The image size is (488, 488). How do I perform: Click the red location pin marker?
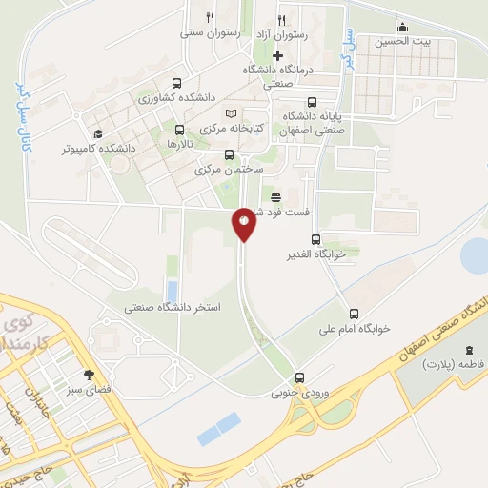(x=243, y=224)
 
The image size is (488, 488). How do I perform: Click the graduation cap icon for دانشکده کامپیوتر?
(x=97, y=134)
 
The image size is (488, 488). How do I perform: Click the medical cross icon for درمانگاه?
(x=277, y=55)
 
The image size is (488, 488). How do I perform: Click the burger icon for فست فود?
(x=275, y=197)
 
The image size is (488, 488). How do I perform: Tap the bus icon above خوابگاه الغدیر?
(x=316, y=240)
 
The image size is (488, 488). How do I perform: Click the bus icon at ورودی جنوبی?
(x=299, y=376)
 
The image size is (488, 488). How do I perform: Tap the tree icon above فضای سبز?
(x=90, y=375)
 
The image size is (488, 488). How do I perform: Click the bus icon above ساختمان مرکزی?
(x=228, y=154)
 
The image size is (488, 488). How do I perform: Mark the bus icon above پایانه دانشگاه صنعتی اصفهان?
(x=313, y=103)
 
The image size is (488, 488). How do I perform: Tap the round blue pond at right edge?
(x=475, y=254)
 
